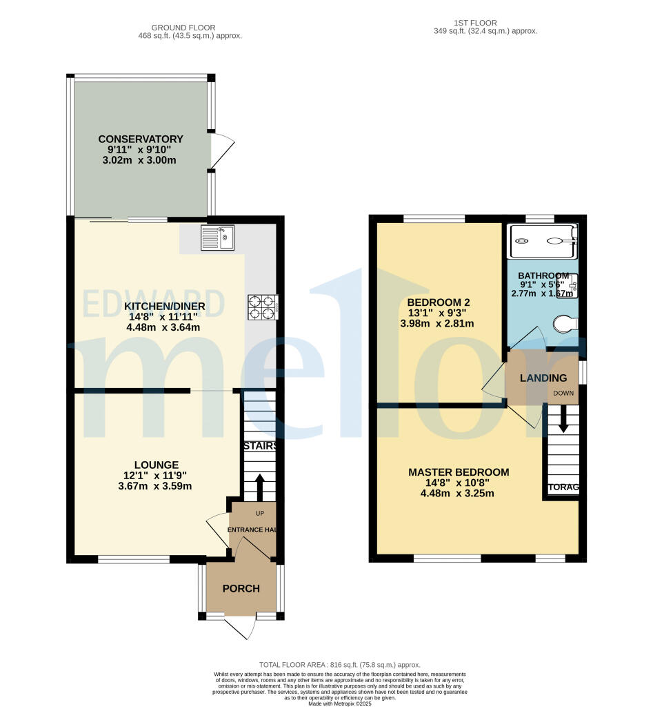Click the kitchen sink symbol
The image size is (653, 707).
click(x=217, y=238)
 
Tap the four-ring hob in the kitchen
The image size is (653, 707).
click(x=262, y=307)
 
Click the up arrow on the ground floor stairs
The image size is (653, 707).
click(x=259, y=486)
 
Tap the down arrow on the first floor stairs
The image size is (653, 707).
click(x=563, y=418)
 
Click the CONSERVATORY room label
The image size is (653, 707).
click(x=140, y=139)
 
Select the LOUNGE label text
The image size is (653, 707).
click(x=157, y=465)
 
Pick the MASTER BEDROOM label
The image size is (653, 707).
click(x=459, y=472)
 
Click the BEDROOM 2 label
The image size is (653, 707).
click(x=439, y=302)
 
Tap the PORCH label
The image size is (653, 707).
click(x=241, y=588)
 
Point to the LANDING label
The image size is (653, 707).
click(x=543, y=378)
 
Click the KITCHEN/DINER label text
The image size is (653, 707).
click(x=163, y=306)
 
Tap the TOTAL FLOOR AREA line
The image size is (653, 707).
click(x=339, y=664)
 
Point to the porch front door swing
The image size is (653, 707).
click(x=243, y=627)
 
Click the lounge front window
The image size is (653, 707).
click(x=134, y=559)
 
